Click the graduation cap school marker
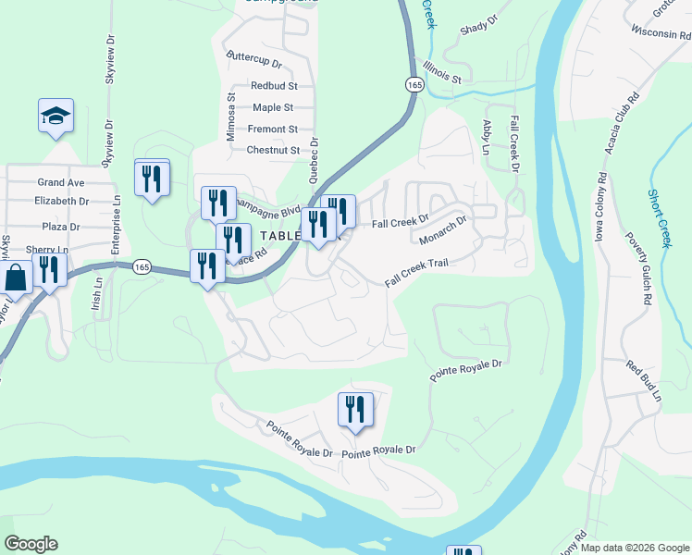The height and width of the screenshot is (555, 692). [56, 116]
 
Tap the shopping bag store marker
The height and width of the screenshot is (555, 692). [16, 277]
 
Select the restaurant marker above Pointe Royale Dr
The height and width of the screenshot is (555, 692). [355, 410]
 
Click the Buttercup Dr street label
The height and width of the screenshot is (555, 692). [254, 56]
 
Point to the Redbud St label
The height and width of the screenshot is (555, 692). [272, 86]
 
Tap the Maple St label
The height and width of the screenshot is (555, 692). [273, 108]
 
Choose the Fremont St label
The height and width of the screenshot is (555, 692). [272, 129]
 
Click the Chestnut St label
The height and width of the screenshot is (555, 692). [273, 150]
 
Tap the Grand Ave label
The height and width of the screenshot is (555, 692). [61, 183]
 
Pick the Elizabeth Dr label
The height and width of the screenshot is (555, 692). [61, 201]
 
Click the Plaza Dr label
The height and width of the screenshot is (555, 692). [61, 227]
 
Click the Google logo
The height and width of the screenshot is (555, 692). [31, 544]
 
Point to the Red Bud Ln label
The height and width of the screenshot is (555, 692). [645, 380]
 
